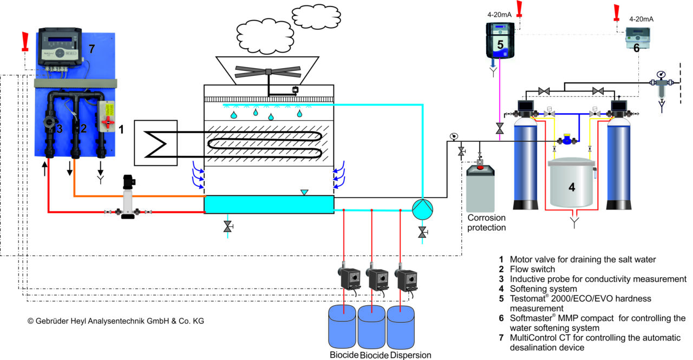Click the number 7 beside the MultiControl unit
91,49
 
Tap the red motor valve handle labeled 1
108,123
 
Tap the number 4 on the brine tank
571,187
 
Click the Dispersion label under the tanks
410,355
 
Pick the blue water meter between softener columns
567,140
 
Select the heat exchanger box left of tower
155,142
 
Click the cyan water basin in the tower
269,205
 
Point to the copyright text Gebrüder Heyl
115,321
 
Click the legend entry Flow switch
533,269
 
